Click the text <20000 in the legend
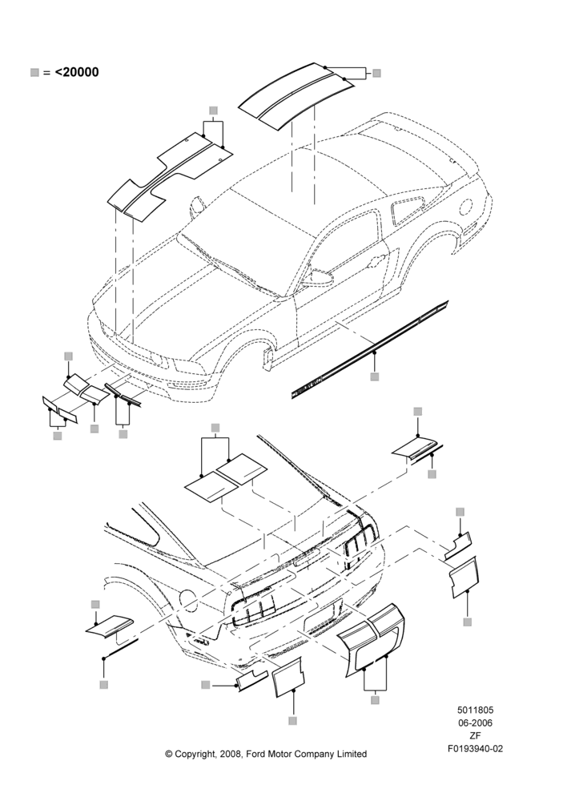click(77, 72)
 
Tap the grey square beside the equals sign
click(34, 73)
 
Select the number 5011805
click(475, 710)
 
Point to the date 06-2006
click(475, 723)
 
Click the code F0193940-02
click(475, 749)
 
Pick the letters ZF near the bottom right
click(475, 735)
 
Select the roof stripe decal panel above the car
click(296, 95)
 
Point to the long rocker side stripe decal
click(370, 349)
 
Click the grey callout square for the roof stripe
click(376, 73)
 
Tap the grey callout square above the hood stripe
click(214, 111)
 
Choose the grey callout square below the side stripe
click(375, 377)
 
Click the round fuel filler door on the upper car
click(466, 205)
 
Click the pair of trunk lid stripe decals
click(226, 477)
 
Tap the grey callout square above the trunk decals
click(215, 428)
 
